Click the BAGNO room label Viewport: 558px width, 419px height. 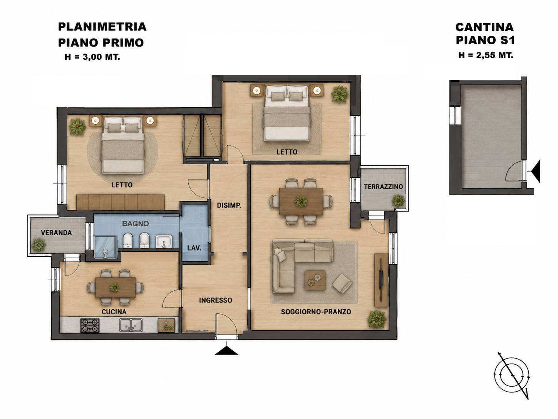135,224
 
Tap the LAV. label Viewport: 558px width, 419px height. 194,248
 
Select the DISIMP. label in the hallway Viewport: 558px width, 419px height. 229,205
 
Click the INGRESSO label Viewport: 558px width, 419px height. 215,300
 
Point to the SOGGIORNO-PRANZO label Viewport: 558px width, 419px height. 316,311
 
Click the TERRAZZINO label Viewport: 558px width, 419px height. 383,187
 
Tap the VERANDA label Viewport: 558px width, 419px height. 57,232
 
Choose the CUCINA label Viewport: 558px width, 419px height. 114,311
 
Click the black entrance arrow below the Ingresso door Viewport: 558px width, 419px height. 226,350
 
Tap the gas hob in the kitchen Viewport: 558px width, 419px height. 90,325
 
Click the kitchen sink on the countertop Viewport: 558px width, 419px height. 131,325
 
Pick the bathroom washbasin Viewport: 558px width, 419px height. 164,241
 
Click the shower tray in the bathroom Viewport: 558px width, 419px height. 106,247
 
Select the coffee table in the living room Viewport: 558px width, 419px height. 315,280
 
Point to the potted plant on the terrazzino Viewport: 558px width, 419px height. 398,200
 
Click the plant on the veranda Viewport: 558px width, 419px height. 39,245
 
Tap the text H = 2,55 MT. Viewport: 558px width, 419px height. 486,55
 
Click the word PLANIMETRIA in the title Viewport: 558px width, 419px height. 102,27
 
